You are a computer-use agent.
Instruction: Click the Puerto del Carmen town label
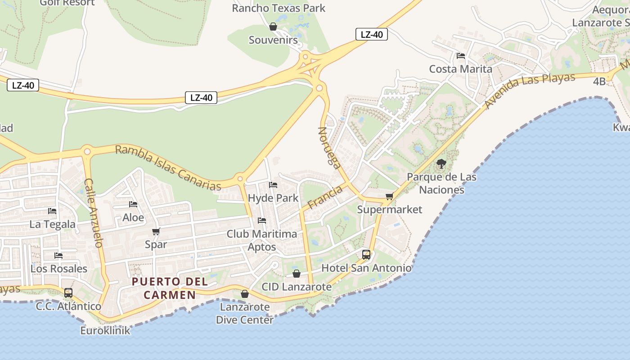(x=170, y=288)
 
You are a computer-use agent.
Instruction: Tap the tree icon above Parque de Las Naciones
(x=441, y=164)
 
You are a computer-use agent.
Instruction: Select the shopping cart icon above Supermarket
(x=390, y=197)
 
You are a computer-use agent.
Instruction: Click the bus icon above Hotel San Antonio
(x=366, y=255)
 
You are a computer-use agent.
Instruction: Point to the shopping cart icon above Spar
(x=156, y=232)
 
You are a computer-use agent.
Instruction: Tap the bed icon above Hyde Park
(x=273, y=185)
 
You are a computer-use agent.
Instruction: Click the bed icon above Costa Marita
(x=460, y=56)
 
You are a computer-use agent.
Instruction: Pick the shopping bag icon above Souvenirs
(x=273, y=27)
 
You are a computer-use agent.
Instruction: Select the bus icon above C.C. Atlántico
(x=68, y=293)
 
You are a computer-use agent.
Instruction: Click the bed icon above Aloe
(x=133, y=204)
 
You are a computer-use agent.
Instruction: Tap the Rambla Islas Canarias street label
(x=168, y=167)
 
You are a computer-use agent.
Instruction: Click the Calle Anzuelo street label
(x=94, y=212)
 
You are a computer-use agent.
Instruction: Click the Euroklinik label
(x=105, y=331)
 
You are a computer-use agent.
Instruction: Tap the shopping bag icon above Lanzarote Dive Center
(x=245, y=294)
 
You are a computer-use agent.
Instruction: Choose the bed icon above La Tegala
(x=52, y=211)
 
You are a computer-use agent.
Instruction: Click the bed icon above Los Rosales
(x=58, y=256)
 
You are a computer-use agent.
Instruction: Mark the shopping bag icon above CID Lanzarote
(x=297, y=274)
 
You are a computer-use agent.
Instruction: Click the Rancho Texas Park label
(x=279, y=8)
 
